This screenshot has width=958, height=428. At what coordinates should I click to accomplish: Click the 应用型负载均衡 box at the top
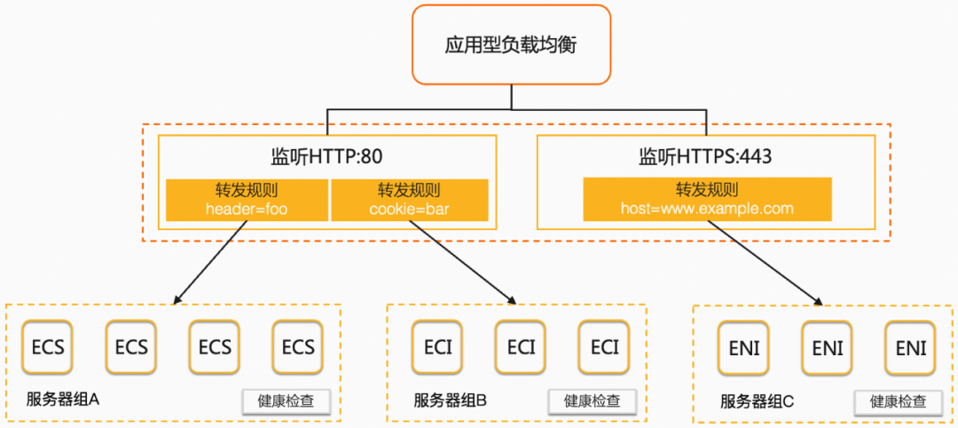[510, 44]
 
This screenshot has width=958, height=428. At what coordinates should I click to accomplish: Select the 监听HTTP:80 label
[326, 157]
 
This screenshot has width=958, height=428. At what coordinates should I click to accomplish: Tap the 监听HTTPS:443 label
[706, 157]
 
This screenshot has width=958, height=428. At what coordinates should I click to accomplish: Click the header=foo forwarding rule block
[247, 200]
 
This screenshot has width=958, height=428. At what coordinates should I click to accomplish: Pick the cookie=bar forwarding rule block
[410, 200]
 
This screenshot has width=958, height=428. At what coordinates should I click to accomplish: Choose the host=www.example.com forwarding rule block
[707, 200]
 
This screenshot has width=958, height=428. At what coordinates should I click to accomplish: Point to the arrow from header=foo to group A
[211, 262]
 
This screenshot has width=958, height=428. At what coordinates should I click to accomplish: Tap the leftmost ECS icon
[48, 346]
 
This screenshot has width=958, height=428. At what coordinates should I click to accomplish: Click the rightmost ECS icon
[298, 346]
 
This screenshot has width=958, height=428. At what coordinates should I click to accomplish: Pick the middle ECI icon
[522, 346]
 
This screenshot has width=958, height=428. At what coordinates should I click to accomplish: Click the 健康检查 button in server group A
[287, 401]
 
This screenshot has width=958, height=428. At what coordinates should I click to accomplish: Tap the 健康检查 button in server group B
[593, 401]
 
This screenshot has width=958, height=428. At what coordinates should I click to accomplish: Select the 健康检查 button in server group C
[899, 403]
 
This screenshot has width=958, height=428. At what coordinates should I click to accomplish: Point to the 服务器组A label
[63, 400]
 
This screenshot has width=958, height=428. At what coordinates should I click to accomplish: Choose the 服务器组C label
[757, 402]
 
